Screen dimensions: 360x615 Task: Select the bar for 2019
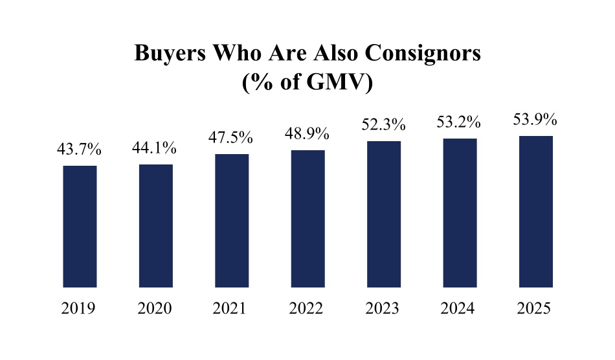coord(80,226)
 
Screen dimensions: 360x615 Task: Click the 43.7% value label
coord(80,150)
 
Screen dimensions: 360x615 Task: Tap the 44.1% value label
coord(155,148)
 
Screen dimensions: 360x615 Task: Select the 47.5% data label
coord(232,138)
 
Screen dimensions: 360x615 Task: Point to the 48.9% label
coord(308,134)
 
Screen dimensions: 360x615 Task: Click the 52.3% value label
coord(384,124)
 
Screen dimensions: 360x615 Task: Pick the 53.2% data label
coord(460,122)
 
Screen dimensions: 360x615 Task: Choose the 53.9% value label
coord(536,120)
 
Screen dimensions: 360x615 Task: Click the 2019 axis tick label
coord(79,308)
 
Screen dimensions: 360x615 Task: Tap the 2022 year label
coord(307,308)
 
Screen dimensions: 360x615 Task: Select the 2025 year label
coord(535,308)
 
